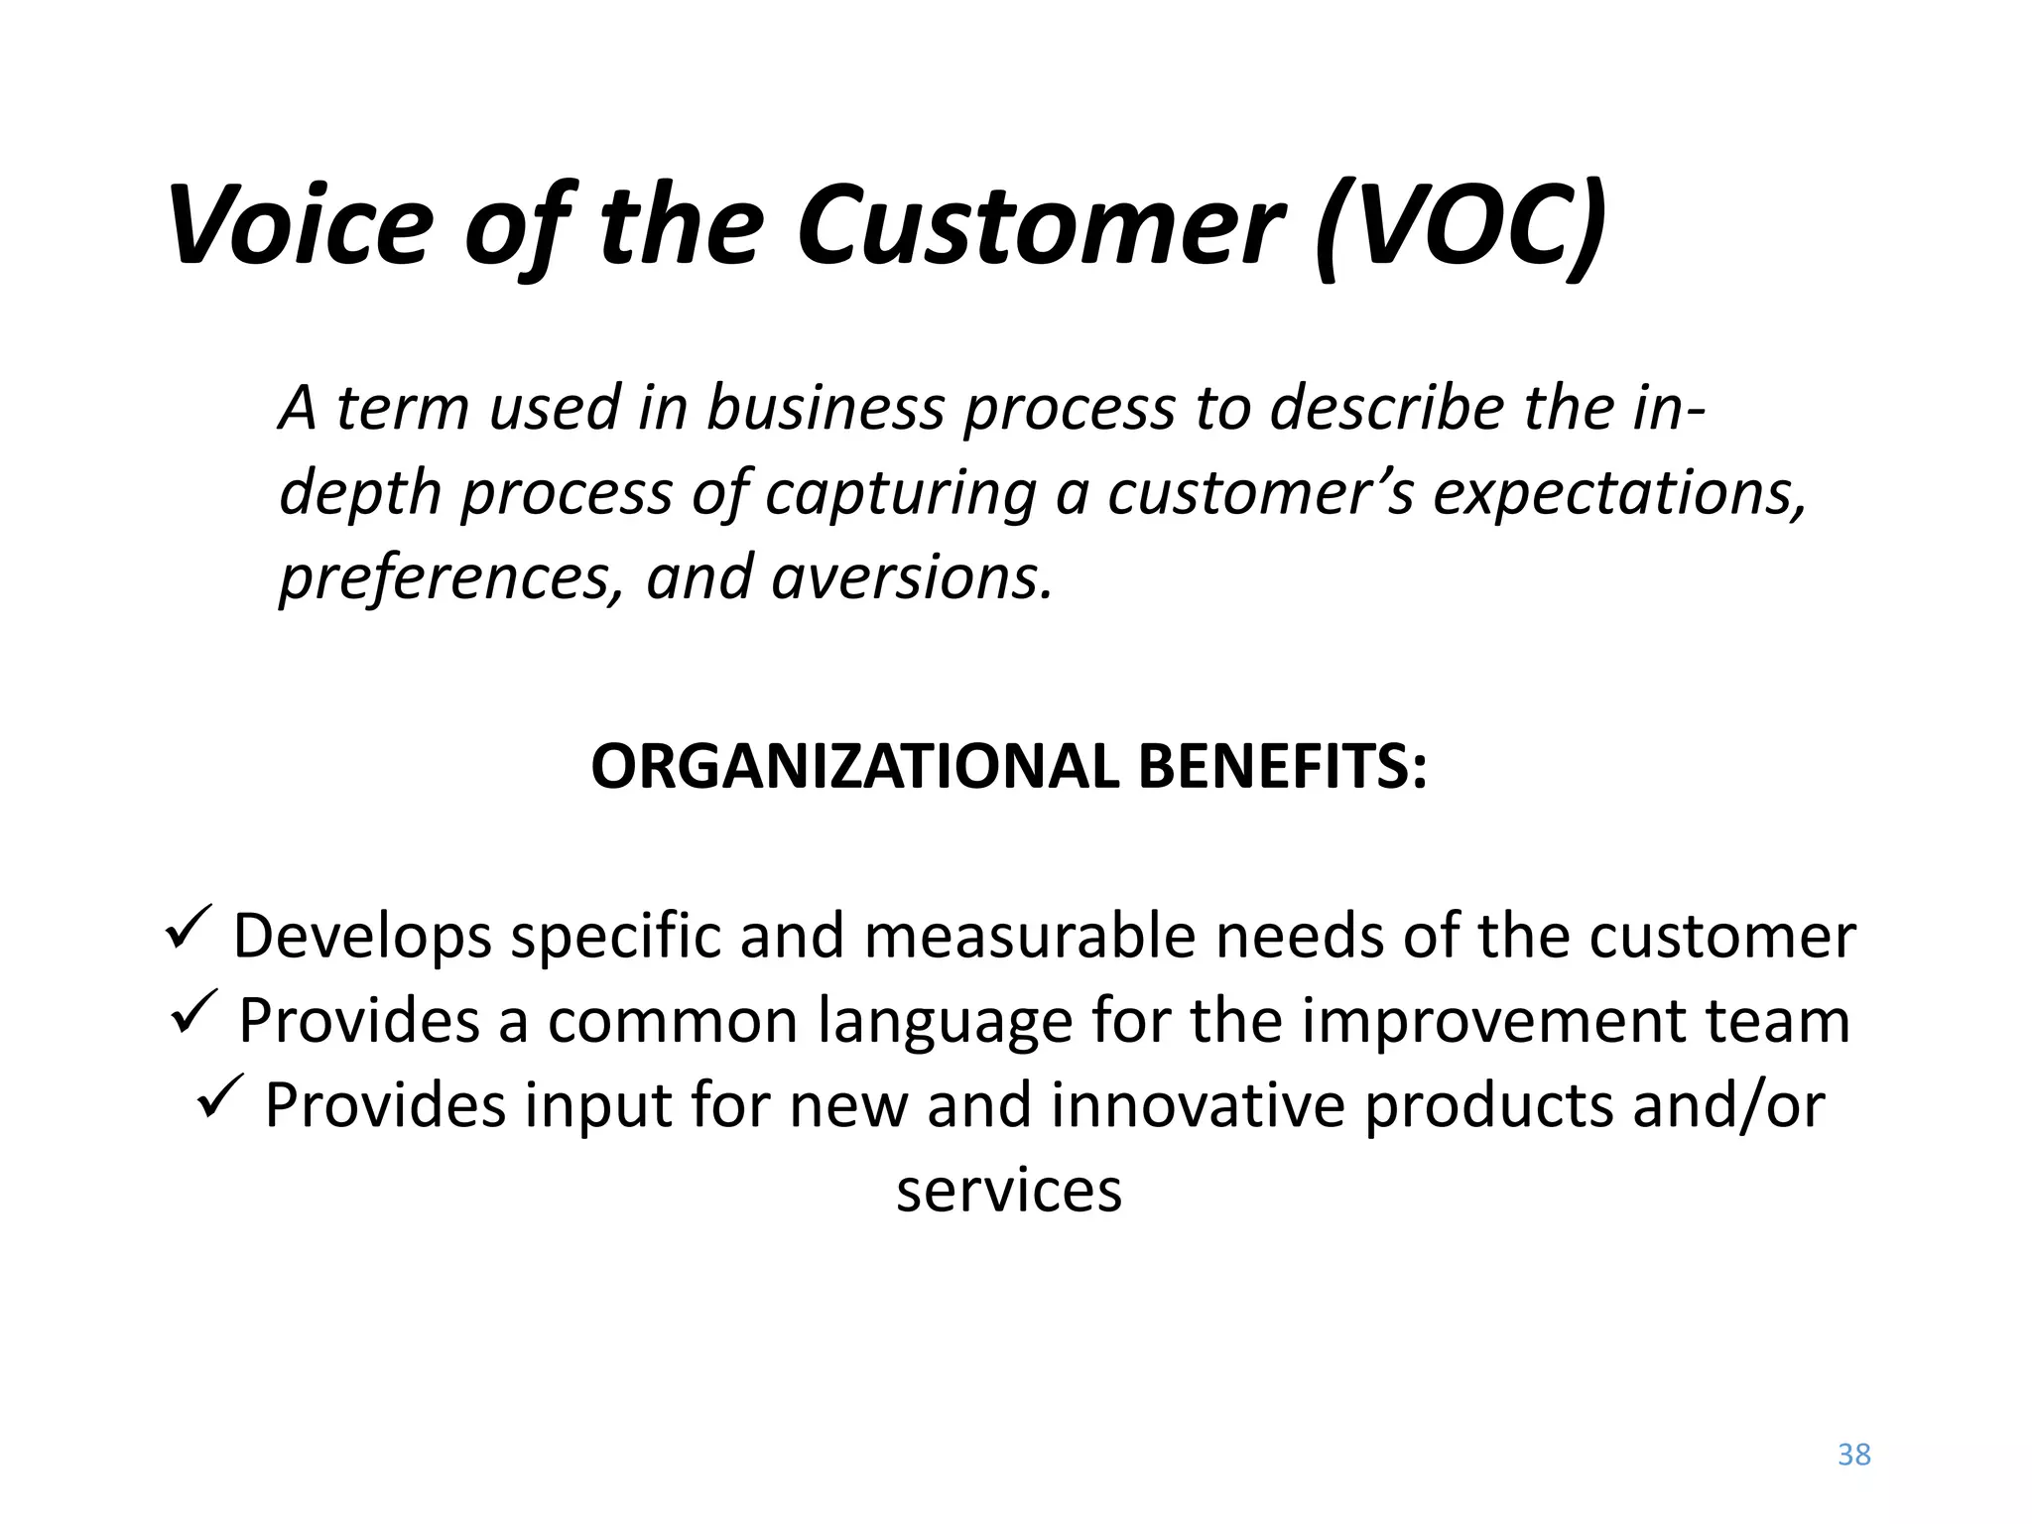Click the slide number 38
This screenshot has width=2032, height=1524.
tap(1853, 1455)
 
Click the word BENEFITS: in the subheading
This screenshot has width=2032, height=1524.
tap(1283, 767)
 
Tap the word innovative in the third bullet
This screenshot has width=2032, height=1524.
tap(1197, 1105)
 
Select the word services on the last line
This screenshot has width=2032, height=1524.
tap(1009, 1190)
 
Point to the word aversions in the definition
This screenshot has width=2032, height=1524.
tap(910, 577)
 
